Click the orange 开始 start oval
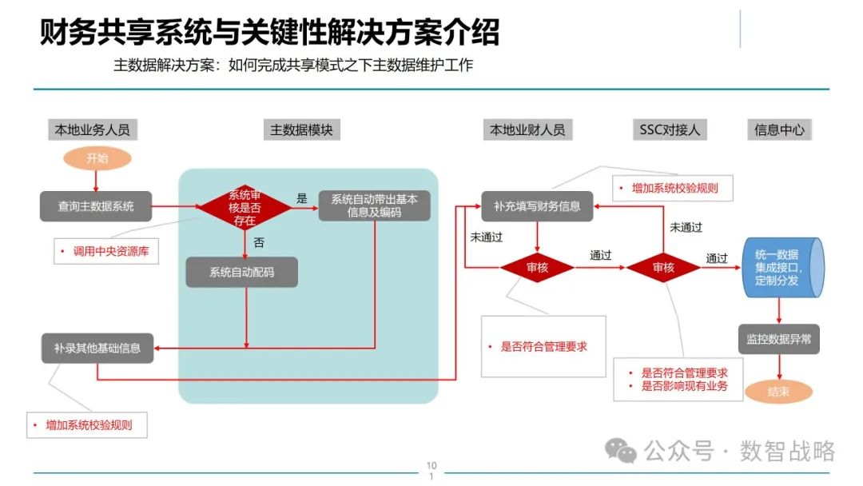coord(97,158)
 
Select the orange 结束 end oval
coord(778,392)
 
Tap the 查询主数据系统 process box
coord(96,207)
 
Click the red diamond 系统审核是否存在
coord(245,208)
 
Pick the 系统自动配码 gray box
coord(241,273)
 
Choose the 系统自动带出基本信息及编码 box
coord(374,206)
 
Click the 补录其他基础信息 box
coord(97,348)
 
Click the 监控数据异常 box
coord(778,340)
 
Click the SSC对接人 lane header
coord(670,129)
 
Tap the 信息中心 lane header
coord(779,129)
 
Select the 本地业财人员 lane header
coord(527,129)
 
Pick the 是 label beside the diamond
coord(302,197)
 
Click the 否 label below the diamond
coord(259,241)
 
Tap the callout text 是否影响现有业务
coord(685,387)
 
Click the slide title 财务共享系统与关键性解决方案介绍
coord(269,34)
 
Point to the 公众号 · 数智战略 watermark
coord(719,451)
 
